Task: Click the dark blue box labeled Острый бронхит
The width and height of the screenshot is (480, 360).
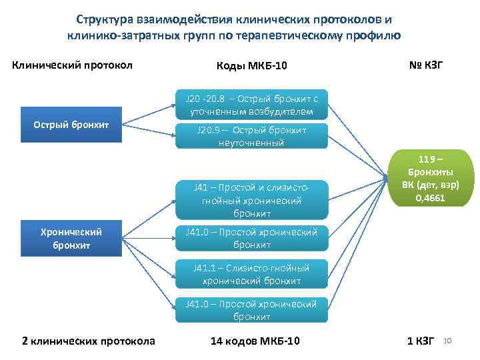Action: [71, 125]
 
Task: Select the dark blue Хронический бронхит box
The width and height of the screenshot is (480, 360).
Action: [71, 239]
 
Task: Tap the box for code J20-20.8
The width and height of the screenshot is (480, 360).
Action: [252, 105]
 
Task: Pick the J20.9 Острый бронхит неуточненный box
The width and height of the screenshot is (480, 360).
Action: [252, 137]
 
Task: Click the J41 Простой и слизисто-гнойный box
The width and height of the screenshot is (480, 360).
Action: [252, 199]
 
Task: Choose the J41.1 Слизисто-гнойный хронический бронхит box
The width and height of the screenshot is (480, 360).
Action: [252, 274]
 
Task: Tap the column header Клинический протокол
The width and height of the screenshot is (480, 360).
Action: [73, 65]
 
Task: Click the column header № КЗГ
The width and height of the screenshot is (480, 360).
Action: [425, 65]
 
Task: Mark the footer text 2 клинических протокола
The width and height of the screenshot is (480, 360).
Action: [89, 341]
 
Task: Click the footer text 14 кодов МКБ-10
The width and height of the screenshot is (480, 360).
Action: [255, 341]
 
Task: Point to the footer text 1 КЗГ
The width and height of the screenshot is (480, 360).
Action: [421, 341]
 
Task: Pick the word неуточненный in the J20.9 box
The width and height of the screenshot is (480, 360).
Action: [251, 143]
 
